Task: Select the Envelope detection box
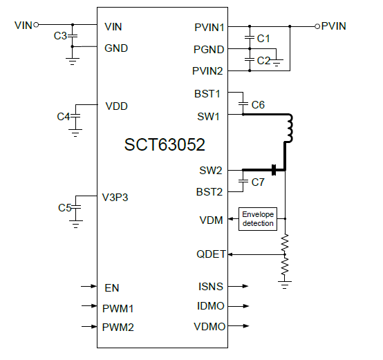point(257,218)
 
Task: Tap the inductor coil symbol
point(290,128)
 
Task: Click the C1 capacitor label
point(263,39)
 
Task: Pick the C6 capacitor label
point(258,104)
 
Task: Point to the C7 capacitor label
point(258,182)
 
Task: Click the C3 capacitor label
point(60,35)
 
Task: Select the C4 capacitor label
point(64,117)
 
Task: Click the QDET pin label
point(211,254)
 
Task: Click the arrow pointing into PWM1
point(88,306)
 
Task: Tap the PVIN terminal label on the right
point(334,26)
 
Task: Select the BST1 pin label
point(210,93)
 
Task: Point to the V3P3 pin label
point(116,197)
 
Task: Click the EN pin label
point(111,287)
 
